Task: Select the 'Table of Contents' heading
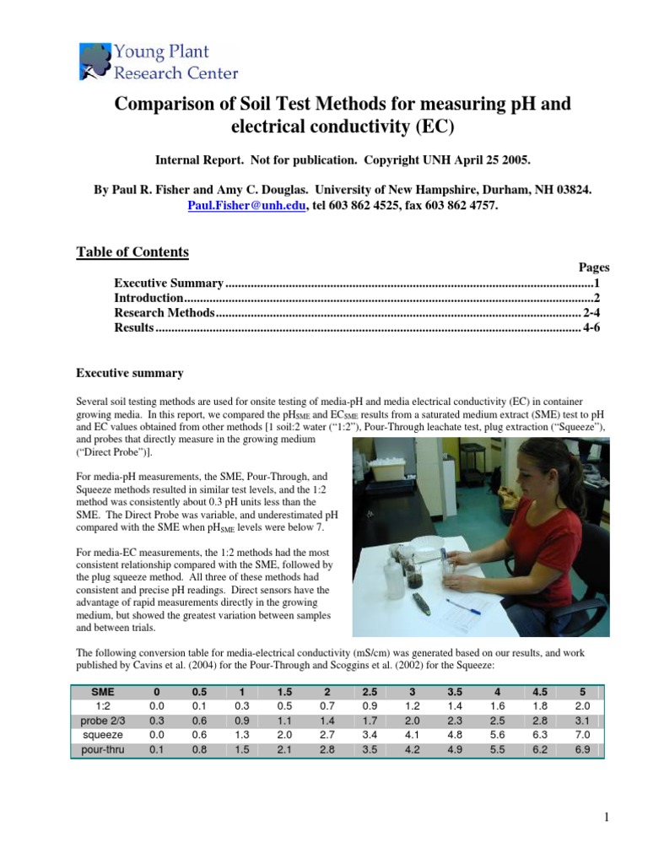132,252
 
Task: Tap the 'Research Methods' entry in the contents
165,313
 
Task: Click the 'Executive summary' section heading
130,373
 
